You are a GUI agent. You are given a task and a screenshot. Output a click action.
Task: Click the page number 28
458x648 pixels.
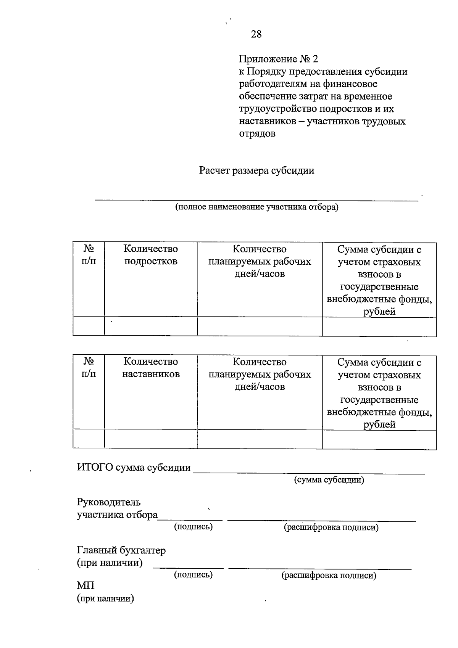point(256,34)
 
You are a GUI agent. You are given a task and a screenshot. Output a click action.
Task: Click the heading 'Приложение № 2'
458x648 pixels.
point(278,59)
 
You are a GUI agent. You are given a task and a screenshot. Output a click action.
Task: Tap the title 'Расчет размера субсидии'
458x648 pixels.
point(256,170)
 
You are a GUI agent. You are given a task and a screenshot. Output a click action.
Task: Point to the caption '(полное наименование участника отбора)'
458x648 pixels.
point(256,207)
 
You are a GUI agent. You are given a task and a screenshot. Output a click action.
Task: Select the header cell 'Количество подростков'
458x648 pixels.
point(151,255)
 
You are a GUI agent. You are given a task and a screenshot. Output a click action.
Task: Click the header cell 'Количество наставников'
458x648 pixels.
point(151,368)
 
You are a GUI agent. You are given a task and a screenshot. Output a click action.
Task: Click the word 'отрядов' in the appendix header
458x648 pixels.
point(257,134)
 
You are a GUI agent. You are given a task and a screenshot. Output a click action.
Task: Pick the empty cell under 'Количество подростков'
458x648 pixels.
point(151,326)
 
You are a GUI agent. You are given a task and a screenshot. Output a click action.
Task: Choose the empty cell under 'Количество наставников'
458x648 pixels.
point(151,439)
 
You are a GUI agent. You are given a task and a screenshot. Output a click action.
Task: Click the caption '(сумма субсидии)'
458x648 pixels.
point(329,480)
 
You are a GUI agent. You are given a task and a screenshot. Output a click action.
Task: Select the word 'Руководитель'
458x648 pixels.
point(109,502)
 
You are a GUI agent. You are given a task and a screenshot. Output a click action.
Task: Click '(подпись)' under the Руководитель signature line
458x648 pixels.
point(193,527)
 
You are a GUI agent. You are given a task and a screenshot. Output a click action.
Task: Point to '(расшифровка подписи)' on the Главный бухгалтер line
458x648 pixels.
point(329,575)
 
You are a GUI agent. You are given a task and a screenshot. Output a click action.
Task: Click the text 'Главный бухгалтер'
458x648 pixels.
point(121,550)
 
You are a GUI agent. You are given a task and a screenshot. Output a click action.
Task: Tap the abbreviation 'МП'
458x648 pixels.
point(85,585)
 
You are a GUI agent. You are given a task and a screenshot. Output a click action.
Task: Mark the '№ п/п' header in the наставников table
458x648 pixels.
point(89,368)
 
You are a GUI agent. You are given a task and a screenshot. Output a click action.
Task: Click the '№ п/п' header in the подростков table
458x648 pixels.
point(89,255)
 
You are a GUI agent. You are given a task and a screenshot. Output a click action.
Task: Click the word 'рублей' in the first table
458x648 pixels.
point(379,312)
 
